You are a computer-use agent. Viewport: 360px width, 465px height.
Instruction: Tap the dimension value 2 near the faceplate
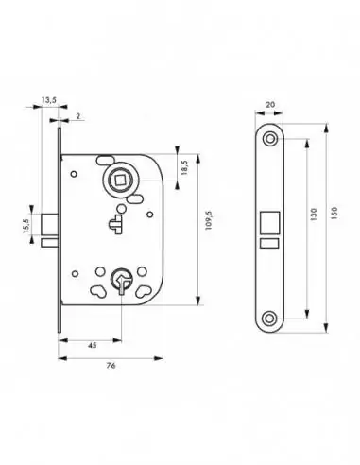coord(77,114)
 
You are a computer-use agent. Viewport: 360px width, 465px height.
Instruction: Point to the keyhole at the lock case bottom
coord(118,280)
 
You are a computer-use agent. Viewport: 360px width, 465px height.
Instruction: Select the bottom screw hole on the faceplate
coord(270,319)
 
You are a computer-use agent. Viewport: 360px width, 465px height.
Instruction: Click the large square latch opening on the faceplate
coord(269,224)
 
